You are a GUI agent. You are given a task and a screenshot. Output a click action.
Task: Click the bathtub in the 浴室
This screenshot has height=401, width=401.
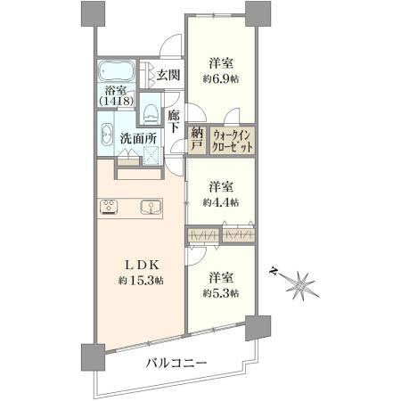(x=116, y=71)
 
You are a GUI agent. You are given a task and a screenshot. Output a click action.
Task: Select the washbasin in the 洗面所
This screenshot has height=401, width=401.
(x=107, y=135)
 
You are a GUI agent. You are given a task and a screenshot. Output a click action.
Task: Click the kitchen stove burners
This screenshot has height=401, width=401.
(x=108, y=207)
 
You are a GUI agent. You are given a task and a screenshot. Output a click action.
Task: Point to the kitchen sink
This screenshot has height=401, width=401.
(x=151, y=207)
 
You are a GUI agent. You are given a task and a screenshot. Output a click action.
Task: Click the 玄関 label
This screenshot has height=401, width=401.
(x=168, y=75)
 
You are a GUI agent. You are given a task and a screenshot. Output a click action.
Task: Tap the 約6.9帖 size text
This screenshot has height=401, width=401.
(x=221, y=79)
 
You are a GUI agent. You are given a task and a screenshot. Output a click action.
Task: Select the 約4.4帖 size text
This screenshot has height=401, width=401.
(x=221, y=202)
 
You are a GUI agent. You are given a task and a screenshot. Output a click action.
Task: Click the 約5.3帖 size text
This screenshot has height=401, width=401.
(x=221, y=293)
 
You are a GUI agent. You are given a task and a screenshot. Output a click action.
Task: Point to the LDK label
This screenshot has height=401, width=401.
(x=142, y=265)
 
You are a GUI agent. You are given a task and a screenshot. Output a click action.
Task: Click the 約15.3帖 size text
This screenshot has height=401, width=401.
(x=141, y=280)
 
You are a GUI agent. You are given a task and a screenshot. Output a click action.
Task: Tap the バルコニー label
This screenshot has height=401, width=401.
(x=176, y=363)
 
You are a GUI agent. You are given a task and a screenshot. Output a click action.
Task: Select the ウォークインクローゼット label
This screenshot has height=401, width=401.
(x=233, y=141)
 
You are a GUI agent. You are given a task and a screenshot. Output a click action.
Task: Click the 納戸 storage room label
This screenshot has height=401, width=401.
(x=197, y=139)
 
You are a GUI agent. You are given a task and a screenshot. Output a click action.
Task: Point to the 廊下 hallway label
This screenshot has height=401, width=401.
(x=174, y=121)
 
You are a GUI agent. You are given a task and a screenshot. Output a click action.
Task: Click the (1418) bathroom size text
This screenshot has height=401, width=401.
(x=116, y=102)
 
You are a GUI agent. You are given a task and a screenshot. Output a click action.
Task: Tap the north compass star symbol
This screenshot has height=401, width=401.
(x=300, y=285)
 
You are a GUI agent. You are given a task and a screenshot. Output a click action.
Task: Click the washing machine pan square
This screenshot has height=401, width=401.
(x=152, y=155)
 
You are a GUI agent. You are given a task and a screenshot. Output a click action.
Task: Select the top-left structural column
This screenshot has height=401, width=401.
(x=93, y=13)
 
